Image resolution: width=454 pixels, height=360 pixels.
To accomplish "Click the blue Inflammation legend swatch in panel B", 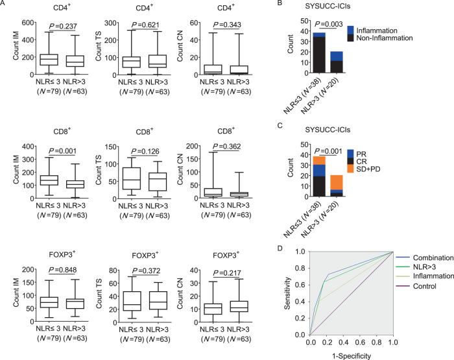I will click(387, 30).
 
